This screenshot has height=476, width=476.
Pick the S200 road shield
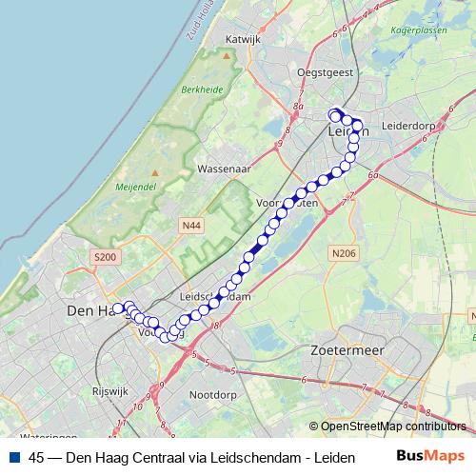[104, 257]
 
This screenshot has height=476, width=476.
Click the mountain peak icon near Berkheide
[227, 55]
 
